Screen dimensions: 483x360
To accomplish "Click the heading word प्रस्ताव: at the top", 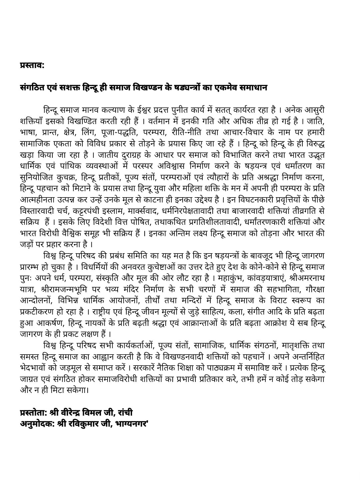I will click(x=32, y=65).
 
